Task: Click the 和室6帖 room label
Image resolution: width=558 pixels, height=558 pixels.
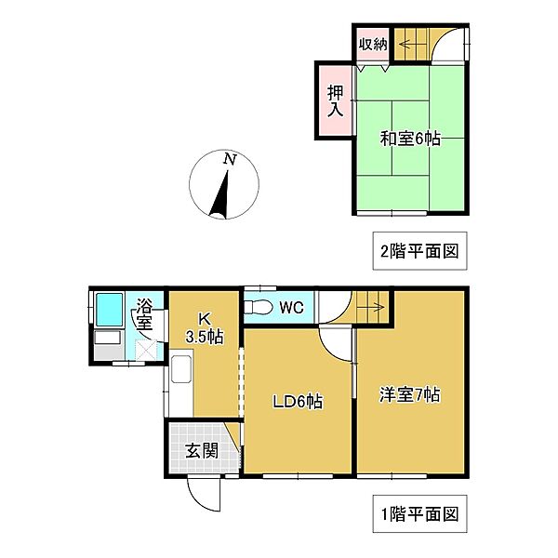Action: tap(409, 139)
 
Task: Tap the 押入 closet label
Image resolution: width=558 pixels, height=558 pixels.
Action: tap(335, 100)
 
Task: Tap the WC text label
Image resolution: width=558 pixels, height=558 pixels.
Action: tap(291, 305)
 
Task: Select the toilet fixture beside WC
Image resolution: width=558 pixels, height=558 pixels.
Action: tap(258, 306)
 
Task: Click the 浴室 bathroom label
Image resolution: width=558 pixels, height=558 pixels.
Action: tap(144, 313)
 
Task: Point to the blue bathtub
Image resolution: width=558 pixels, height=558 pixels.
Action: tap(109, 308)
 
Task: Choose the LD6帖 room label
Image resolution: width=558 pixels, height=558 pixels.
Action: tap(297, 402)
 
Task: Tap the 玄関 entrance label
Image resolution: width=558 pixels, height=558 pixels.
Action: tap(195, 453)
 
